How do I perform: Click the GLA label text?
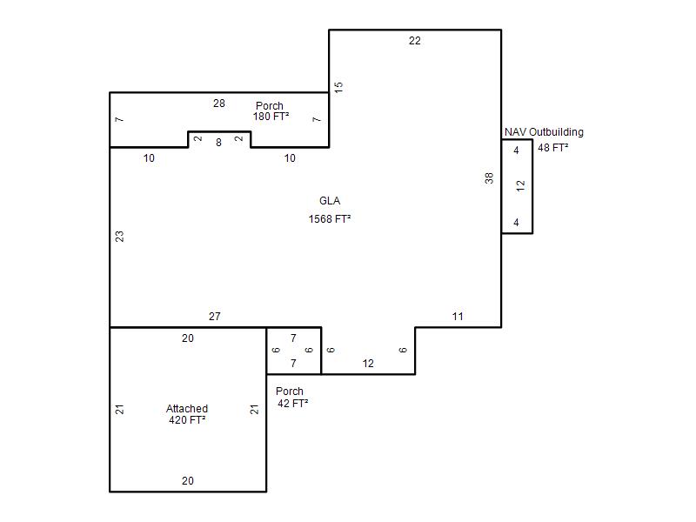click(x=330, y=201)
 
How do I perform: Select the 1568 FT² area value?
click(x=330, y=219)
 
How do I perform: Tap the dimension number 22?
click(x=415, y=41)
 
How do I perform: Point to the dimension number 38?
click(x=489, y=178)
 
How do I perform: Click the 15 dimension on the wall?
click(x=338, y=87)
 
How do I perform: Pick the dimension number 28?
click(x=219, y=104)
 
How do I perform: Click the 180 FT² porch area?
click(x=271, y=117)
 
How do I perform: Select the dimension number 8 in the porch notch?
click(x=218, y=143)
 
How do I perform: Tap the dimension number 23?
click(x=119, y=236)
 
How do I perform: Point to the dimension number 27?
click(x=214, y=317)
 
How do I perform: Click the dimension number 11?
click(x=458, y=317)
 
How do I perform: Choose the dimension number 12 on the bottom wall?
click(x=367, y=364)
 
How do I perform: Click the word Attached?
click(x=187, y=408)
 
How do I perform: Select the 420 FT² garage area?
click(x=187, y=420)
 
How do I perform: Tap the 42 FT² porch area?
click(x=293, y=403)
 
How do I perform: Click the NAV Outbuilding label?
click(x=544, y=132)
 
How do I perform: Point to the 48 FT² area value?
click(x=553, y=147)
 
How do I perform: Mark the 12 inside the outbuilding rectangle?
click(x=520, y=185)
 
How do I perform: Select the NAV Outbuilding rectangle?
click(x=532, y=186)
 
